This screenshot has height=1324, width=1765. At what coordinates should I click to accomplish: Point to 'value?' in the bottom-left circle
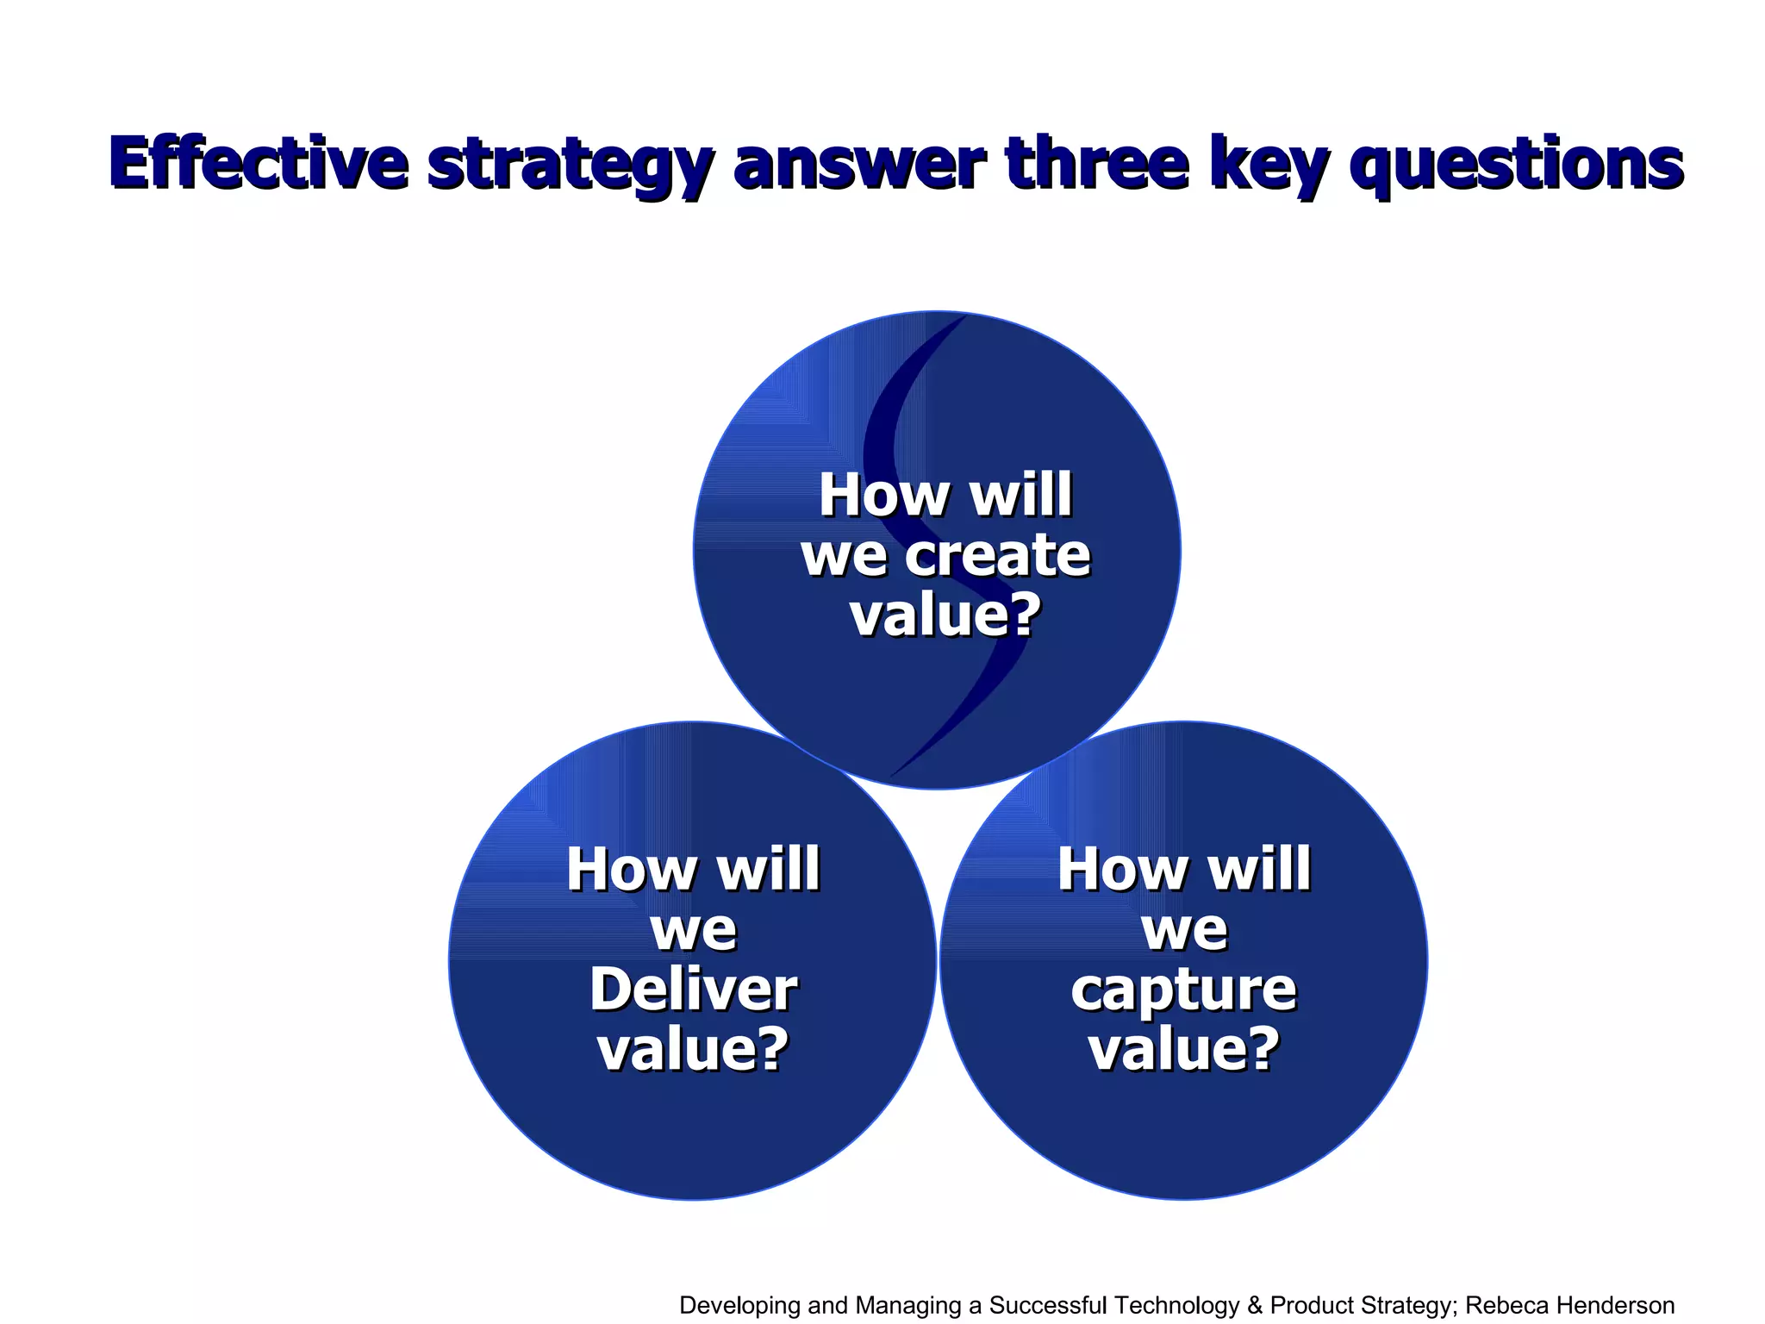pos(693,1049)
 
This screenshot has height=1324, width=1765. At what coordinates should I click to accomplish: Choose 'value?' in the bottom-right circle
pos(1183,1049)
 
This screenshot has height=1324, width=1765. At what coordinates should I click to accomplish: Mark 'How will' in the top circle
pos(945,496)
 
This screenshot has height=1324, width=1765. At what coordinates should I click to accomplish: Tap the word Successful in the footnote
pos(1048,1305)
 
